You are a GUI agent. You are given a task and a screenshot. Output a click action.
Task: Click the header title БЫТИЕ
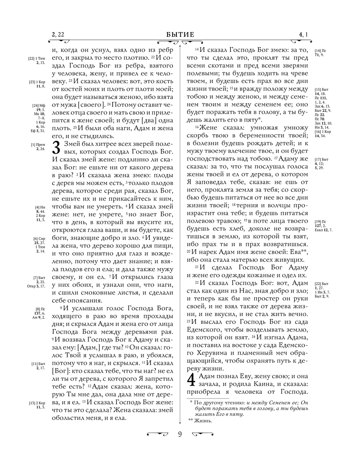pos(180,35)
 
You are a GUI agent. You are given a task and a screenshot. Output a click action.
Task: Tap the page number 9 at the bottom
pos(180,434)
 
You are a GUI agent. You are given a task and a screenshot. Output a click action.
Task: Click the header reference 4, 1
pos(303,35)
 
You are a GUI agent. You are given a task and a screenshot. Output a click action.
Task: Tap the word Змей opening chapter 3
pos(70,144)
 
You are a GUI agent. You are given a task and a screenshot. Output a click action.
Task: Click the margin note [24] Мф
pos(39,106)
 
